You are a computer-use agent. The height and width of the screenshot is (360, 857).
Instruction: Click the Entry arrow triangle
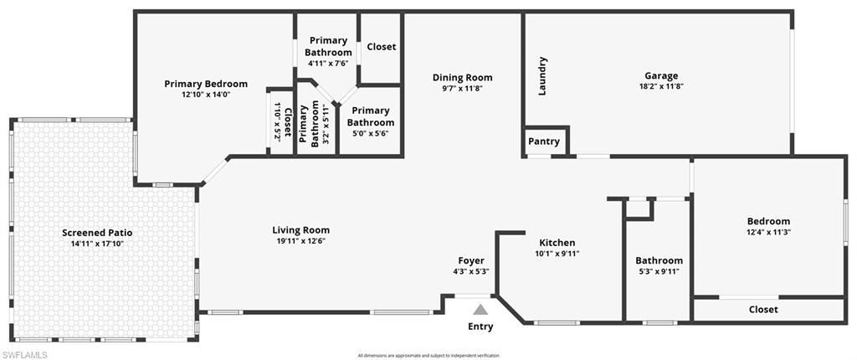[x=480, y=310]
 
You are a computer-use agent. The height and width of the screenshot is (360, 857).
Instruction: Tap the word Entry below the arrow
[x=480, y=327]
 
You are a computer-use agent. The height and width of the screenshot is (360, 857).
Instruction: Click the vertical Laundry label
[x=542, y=75]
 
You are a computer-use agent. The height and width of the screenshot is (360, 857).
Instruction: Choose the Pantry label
[x=544, y=141]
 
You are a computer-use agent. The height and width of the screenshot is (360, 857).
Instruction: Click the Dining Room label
[x=462, y=77]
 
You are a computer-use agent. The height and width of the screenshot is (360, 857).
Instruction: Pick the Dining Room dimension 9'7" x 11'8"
[x=462, y=88]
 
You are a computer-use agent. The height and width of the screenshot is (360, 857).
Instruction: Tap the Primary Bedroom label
[x=206, y=84]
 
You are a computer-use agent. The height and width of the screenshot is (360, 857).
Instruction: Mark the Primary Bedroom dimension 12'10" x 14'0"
[x=206, y=95]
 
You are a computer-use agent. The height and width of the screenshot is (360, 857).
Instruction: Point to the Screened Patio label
[x=97, y=233]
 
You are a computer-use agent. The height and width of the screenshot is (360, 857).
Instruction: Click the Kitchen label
[x=557, y=243]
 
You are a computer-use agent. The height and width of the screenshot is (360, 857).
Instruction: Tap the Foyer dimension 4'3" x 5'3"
[x=470, y=271]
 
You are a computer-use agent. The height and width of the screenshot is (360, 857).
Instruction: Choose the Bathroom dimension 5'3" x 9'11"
[x=659, y=271]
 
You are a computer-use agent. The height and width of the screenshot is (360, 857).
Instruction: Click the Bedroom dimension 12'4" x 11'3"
[x=768, y=232]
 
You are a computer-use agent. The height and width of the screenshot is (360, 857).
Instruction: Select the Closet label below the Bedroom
[x=763, y=309]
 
